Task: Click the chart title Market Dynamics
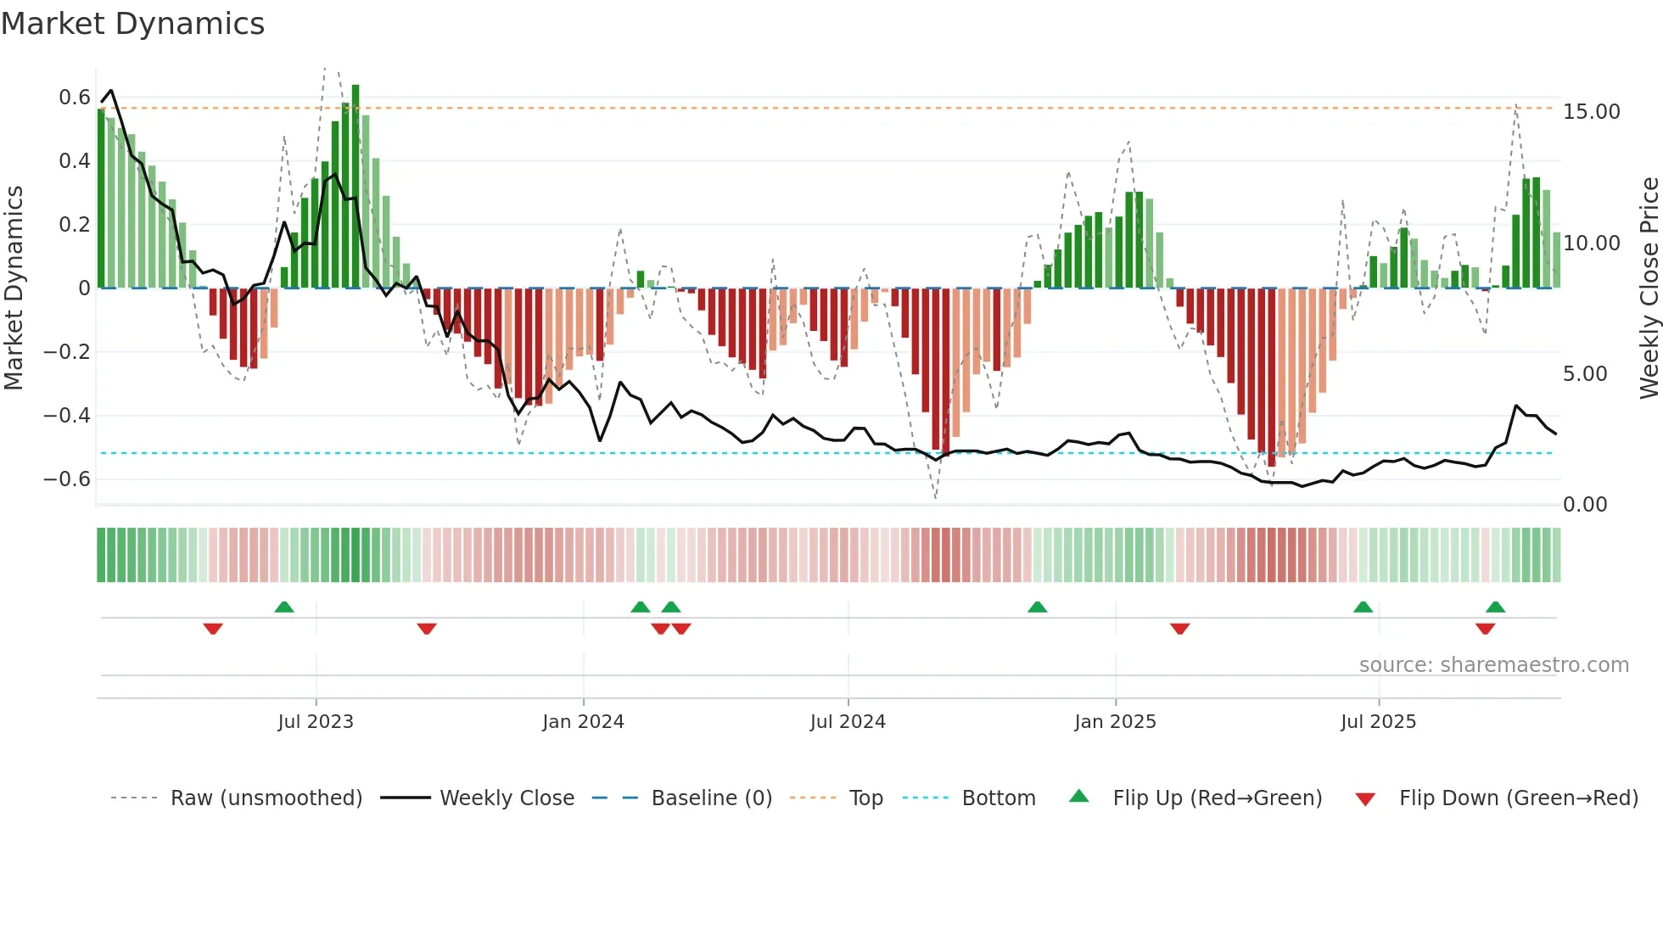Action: click(132, 24)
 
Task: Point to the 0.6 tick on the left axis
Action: click(75, 98)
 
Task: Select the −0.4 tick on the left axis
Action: click(67, 416)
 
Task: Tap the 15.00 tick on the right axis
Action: click(1591, 112)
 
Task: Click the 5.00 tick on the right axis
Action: click(1584, 374)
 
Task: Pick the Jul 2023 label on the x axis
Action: click(316, 722)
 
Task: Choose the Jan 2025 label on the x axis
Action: click(1115, 722)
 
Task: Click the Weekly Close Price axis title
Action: click(1649, 288)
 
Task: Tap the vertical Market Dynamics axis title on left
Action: click(14, 288)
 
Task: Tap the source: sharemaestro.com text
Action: click(1493, 665)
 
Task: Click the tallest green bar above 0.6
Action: click(356, 187)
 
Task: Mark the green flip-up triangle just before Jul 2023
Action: click(284, 607)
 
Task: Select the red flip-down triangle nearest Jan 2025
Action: click(1179, 629)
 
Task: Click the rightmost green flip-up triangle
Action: click(1495, 607)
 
